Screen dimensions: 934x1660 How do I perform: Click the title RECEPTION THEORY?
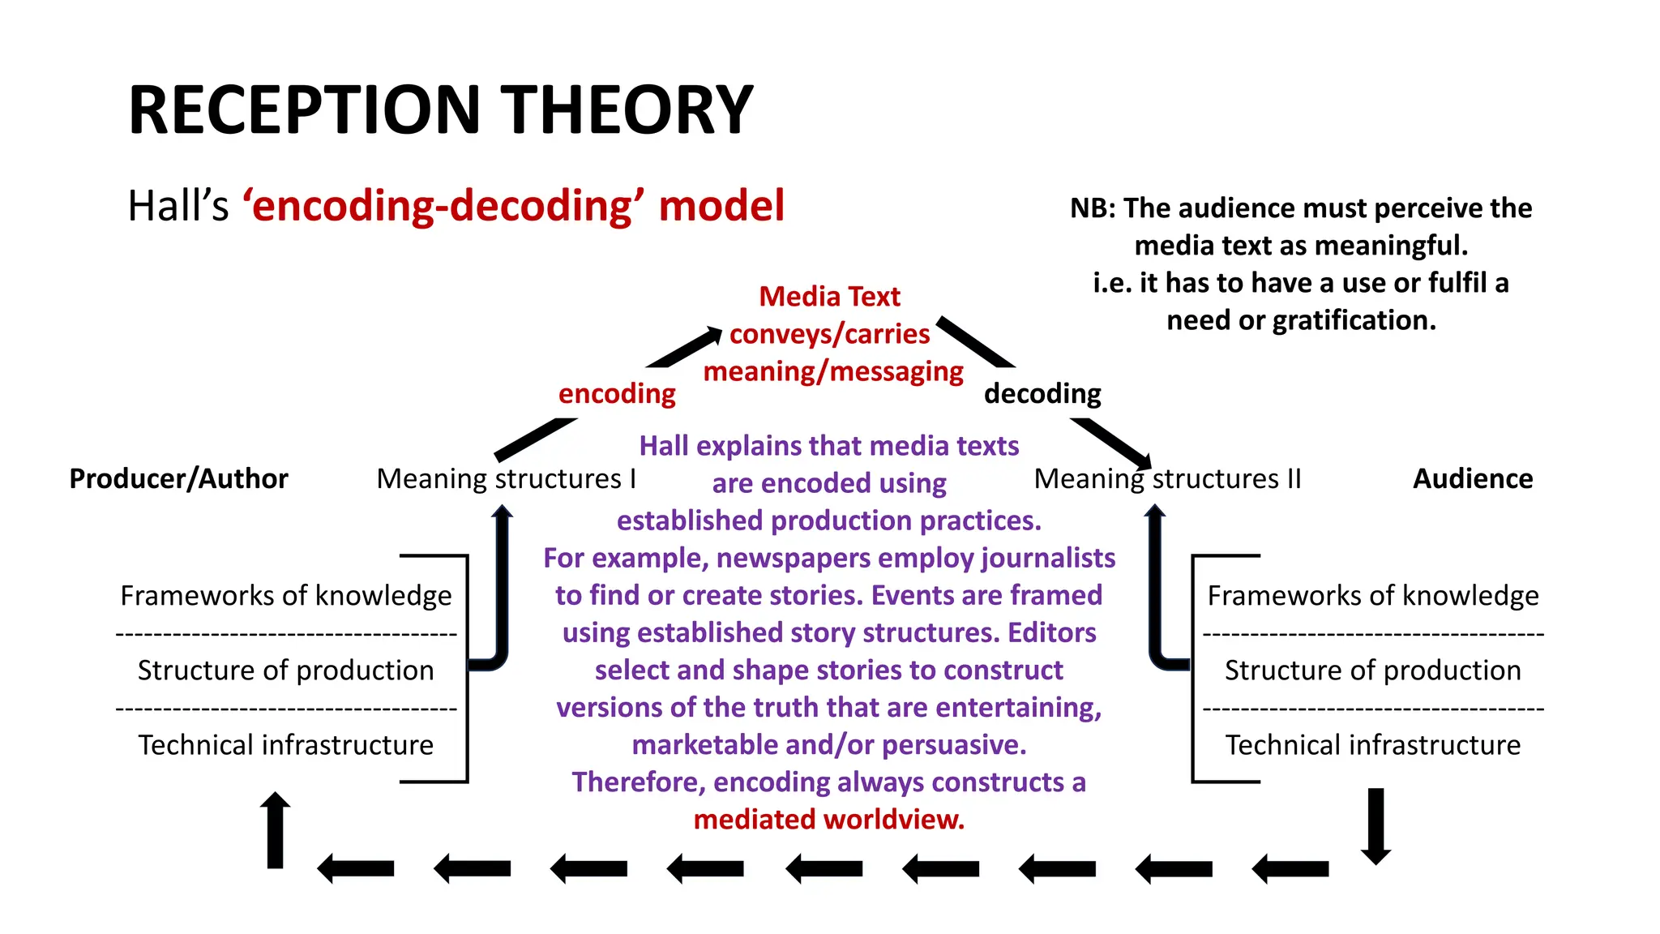[441, 110]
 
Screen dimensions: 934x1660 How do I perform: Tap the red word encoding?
[617, 394]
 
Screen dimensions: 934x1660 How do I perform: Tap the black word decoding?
[1042, 394]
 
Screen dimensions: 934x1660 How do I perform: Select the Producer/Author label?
[178, 479]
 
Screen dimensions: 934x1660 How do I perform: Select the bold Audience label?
[1473, 479]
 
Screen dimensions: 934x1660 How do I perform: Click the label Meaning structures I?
[507, 479]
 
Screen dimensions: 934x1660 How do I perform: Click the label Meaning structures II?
[1167, 479]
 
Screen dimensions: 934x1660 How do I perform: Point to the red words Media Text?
[829, 297]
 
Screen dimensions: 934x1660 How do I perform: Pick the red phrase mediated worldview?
[829, 820]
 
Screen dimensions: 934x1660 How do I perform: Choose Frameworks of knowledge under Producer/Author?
[286, 596]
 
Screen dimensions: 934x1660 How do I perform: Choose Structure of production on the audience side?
[1372, 671]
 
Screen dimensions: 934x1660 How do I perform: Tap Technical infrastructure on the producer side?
[286, 745]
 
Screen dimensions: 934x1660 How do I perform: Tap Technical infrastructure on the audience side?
[1372, 745]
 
